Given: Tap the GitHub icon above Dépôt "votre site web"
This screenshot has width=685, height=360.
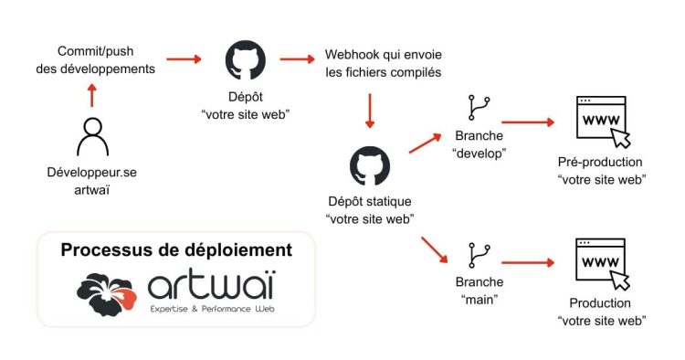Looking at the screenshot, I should [x=244, y=60].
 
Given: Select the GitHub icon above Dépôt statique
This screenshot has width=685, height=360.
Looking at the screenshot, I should [x=370, y=165].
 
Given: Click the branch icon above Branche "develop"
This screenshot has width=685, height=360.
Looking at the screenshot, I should [x=478, y=109].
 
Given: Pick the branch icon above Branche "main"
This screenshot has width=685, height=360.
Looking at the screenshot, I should [x=478, y=255].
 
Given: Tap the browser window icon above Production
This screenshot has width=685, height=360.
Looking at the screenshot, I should [x=601, y=265].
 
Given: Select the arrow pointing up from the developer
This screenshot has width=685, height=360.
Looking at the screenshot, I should [x=91, y=95].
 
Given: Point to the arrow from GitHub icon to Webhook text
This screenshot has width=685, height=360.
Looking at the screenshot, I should [x=296, y=60].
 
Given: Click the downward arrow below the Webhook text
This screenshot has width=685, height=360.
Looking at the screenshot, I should [x=370, y=111].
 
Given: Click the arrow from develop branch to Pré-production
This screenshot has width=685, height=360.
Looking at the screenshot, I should [x=528, y=121].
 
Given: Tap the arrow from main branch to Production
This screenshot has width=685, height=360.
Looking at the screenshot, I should [x=528, y=263].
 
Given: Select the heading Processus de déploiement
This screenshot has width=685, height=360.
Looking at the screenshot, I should [x=176, y=249].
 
